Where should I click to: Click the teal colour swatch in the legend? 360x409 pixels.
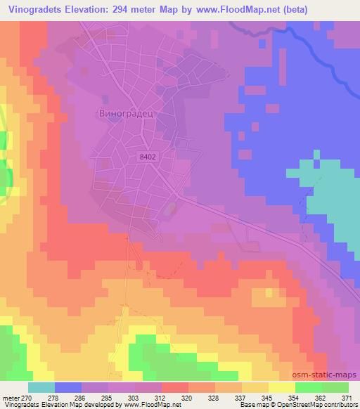coord(41,387)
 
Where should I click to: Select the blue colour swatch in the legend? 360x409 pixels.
coord(69,387)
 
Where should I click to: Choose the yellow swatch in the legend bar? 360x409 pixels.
coord(281,387)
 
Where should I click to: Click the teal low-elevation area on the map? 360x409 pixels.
coord(330,197)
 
